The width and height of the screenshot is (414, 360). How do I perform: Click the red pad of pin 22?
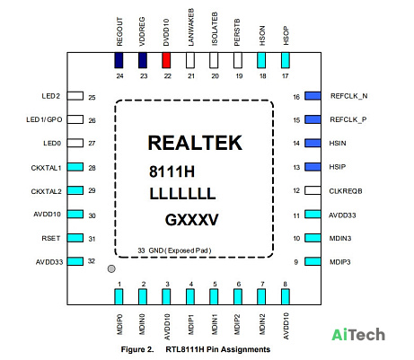click(166, 60)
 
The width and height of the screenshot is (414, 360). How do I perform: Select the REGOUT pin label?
click(119, 31)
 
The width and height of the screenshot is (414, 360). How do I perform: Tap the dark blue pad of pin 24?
click(119, 60)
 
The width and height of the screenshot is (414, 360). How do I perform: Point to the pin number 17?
click(286, 76)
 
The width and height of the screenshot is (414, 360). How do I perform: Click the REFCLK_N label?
click(348, 96)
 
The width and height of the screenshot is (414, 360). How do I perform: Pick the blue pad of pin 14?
click(313, 143)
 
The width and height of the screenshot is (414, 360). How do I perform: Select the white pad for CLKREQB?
click(313, 190)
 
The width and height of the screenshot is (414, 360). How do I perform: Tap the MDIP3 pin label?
click(340, 262)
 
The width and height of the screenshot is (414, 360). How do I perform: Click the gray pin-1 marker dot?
click(111, 268)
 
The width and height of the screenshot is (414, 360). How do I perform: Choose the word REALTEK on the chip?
click(195, 143)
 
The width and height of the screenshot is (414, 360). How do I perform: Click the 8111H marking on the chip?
click(172, 171)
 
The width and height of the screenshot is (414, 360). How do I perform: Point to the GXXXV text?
click(191, 220)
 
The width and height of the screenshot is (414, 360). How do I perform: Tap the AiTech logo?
click(358, 335)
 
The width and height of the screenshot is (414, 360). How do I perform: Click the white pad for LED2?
click(75, 96)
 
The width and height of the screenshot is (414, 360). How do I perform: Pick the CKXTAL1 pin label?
click(46, 168)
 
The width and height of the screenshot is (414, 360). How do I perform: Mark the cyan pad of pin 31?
click(75, 238)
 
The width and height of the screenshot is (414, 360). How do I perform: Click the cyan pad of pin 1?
click(119, 296)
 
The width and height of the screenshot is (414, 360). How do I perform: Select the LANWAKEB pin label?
click(190, 27)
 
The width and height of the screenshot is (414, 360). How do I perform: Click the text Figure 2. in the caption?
click(137, 349)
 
